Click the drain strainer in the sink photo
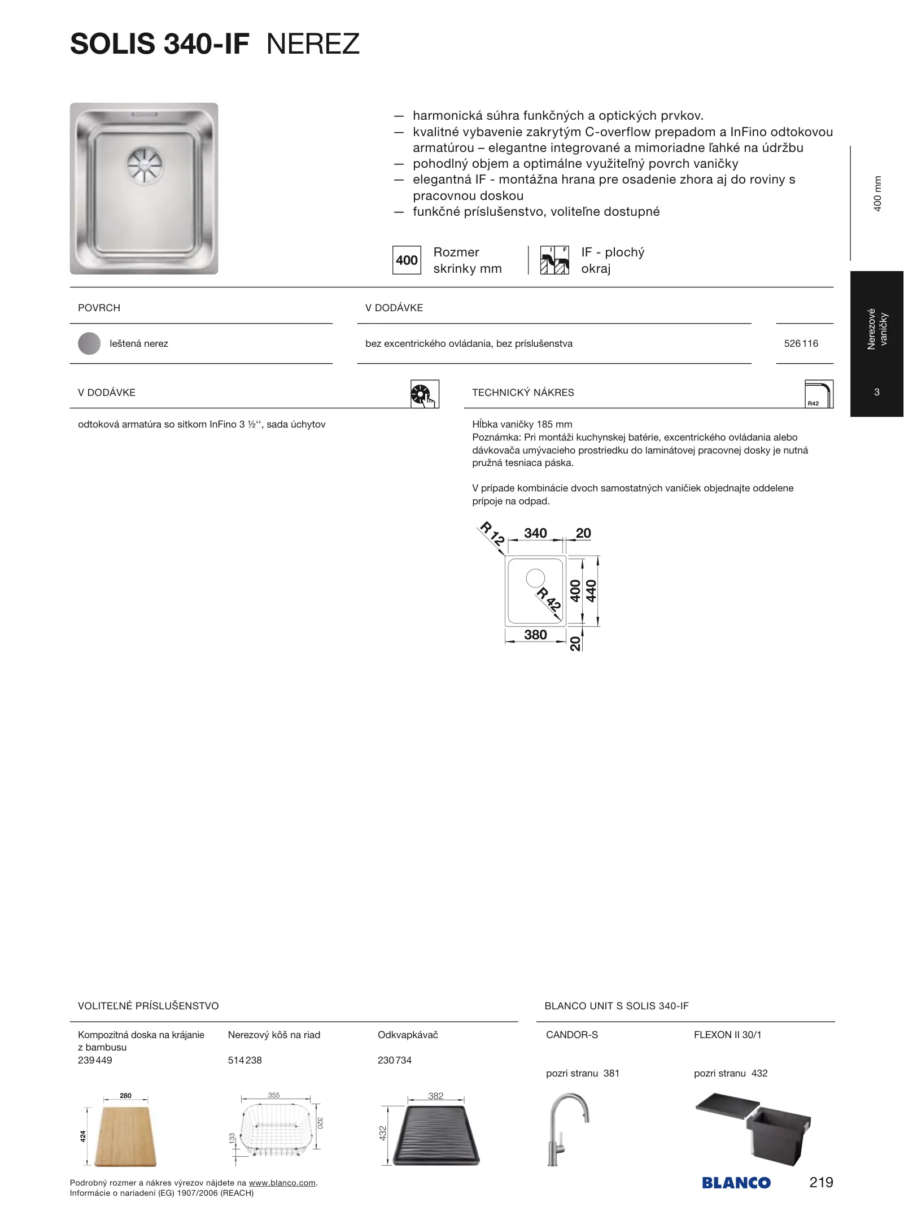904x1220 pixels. [x=144, y=165]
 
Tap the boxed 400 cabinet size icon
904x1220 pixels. [x=407, y=260]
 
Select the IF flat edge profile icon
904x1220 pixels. [x=554, y=260]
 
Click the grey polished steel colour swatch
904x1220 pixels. [x=89, y=343]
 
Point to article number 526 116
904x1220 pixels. [x=801, y=343]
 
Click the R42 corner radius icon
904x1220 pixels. [x=819, y=394]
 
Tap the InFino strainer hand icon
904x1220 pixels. [x=425, y=394]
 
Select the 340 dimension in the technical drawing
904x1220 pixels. [x=535, y=533]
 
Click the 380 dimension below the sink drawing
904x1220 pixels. [x=535, y=635]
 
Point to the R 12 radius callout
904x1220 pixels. [x=492, y=534]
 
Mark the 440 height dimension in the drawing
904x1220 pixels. [x=591, y=591]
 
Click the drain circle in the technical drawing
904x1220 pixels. [x=535, y=578]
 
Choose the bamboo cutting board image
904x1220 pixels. [x=125, y=1136]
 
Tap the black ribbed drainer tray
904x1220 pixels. [x=436, y=1135]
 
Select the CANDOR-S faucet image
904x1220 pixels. [x=567, y=1128]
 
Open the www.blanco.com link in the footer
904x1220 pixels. [x=282, y=1183]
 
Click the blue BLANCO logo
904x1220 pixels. [x=736, y=1183]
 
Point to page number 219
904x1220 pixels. [x=821, y=1182]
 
